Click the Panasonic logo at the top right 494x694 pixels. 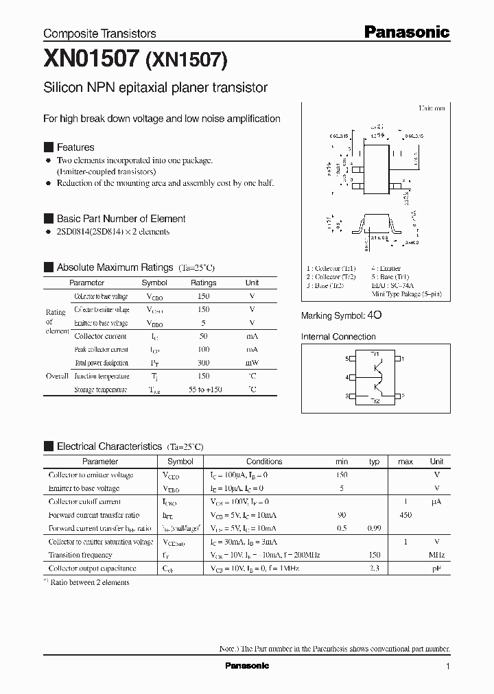pos(406,32)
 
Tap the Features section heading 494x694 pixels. pos(75,147)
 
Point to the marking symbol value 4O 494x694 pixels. pos(375,315)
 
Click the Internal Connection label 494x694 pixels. pos(338,337)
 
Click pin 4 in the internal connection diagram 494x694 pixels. pos(349,377)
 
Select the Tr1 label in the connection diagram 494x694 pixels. pos(375,353)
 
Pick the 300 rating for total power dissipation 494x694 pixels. pos(203,363)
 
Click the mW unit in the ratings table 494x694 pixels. pos(252,363)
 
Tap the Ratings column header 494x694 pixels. pos(203,283)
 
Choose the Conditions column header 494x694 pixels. pos(264,462)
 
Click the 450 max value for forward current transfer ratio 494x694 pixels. pos(405,515)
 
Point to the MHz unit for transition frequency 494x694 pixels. pos(436,555)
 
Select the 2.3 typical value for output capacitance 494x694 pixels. pos(375,569)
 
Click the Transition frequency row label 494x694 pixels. pos(80,555)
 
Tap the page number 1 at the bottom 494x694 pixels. pos(447,667)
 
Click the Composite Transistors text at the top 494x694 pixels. pos(99,33)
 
